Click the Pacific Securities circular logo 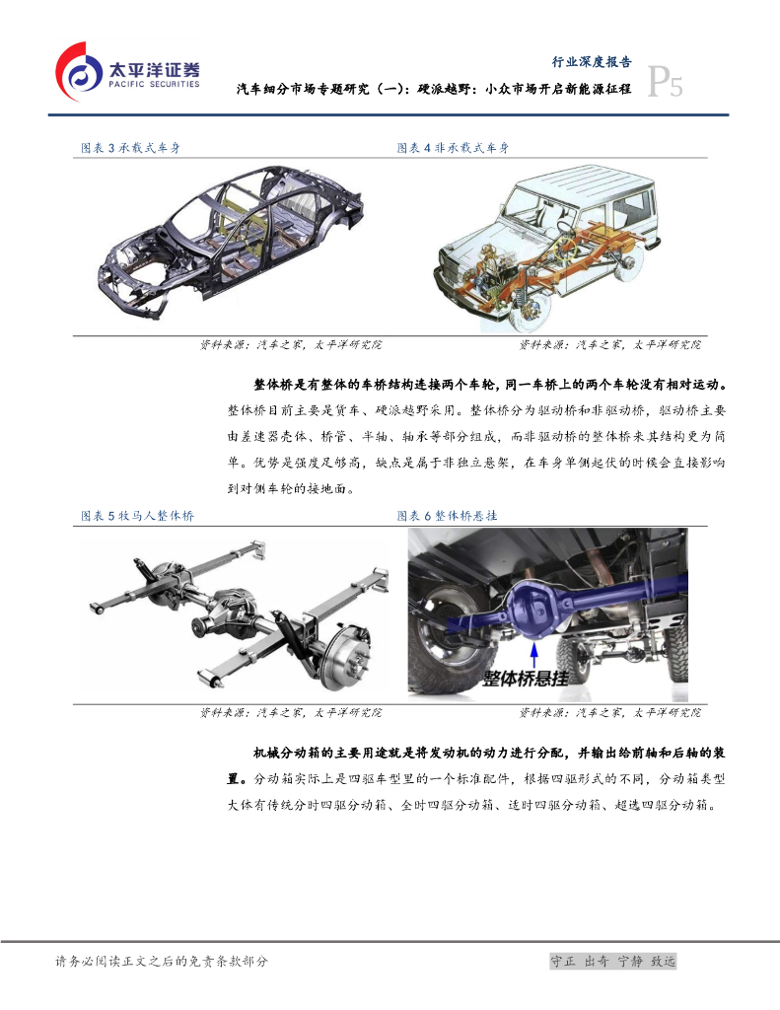point(79,72)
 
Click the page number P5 point(664,82)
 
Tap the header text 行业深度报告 point(592,62)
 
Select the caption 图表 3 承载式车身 point(130,148)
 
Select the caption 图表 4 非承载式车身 point(453,148)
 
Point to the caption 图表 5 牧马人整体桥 point(137,515)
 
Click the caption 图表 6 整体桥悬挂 point(447,515)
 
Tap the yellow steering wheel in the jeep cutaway point(567,246)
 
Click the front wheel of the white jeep point(531,307)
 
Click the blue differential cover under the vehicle point(533,607)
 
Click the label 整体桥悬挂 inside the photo point(526,679)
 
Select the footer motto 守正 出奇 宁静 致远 point(612,961)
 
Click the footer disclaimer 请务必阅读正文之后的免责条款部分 point(161,961)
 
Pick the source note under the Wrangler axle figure point(291,712)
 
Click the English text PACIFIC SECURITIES point(154,85)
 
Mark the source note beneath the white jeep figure point(610,344)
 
